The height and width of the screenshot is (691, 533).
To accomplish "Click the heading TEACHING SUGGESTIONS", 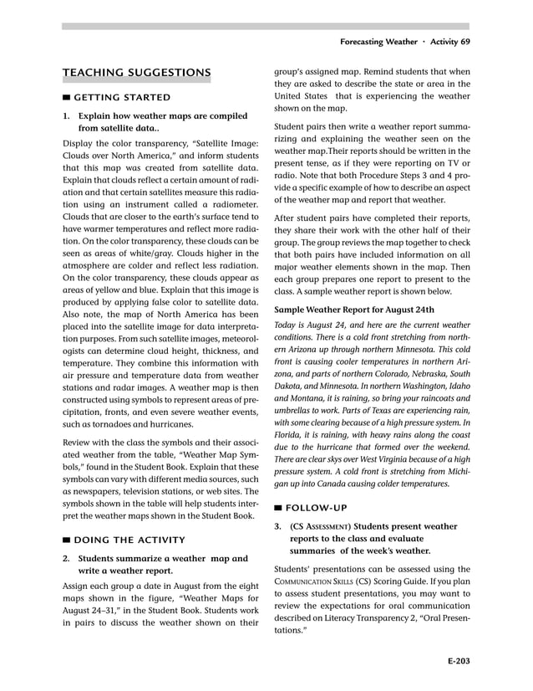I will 136,74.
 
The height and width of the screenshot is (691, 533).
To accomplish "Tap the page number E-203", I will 457,661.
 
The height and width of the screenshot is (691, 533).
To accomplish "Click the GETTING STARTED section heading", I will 122,98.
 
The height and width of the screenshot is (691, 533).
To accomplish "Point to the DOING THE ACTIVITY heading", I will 129,540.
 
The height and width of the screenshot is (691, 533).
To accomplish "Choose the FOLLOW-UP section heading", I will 316,508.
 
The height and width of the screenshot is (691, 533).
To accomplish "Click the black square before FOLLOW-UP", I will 278,508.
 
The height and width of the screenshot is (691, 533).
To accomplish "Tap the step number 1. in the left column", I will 67,115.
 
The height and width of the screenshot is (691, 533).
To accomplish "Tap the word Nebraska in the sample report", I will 420,374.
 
